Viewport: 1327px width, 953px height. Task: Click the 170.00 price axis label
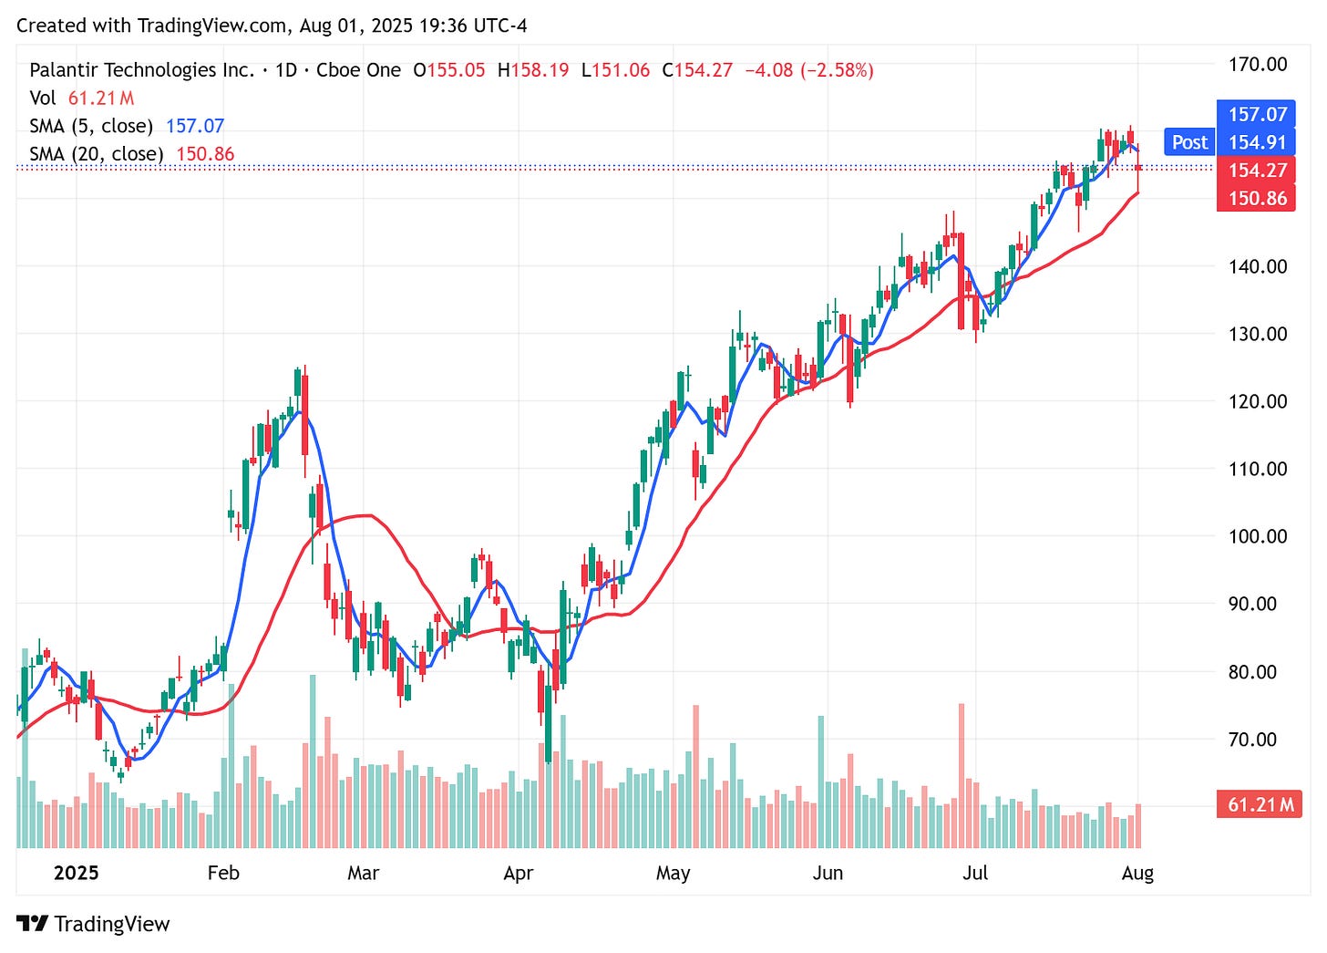click(1258, 65)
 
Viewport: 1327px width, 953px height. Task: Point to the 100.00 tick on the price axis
click(1258, 536)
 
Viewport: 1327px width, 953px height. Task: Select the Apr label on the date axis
click(518, 873)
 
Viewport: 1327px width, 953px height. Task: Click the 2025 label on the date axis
click(76, 873)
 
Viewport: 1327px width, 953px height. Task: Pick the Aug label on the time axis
click(1137, 873)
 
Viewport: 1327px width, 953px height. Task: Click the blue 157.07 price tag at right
click(1257, 114)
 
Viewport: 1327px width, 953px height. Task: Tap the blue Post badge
click(1189, 142)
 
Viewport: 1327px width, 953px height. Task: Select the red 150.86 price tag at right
click(1257, 198)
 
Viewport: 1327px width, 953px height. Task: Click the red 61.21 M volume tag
click(1260, 804)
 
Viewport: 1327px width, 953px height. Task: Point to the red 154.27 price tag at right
click(1257, 171)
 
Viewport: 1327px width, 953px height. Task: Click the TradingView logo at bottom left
click(93, 924)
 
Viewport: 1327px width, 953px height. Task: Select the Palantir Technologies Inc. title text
click(142, 70)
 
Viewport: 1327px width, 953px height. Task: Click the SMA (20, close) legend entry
click(97, 154)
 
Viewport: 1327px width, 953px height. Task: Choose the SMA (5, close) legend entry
click(91, 126)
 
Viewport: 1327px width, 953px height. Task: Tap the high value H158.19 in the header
click(533, 70)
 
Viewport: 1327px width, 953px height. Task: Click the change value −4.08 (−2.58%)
click(809, 70)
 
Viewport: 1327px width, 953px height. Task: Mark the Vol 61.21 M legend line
click(82, 98)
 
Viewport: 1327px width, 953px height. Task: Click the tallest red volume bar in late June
click(961, 775)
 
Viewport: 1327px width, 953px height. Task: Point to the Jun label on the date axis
click(828, 873)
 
